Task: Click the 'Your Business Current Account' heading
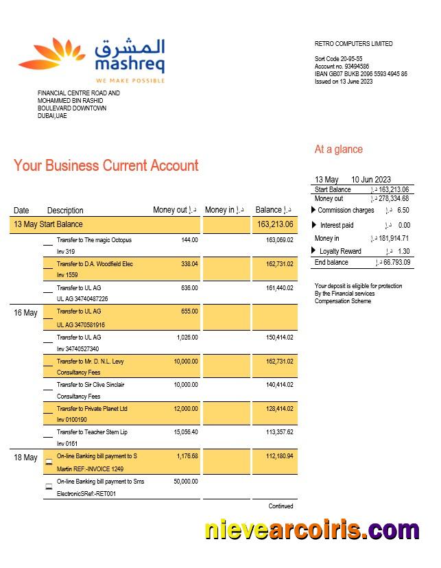click(x=106, y=165)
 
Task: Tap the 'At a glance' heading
click(x=338, y=150)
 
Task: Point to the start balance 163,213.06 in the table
click(x=275, y=224)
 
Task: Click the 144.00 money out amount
click(x=189, y=240)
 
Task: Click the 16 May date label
click(x=25, y=313)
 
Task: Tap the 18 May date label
click(x=25, y=458)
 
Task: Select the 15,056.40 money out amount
click(x=184, y=432)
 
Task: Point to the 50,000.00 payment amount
click(x=184, y=482)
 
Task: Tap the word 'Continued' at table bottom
click(x=281, y=506)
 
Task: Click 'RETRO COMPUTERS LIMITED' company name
click(x=353, y=44)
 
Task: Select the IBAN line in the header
click(x=361, y=74)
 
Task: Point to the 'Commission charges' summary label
click(x=346, y=211)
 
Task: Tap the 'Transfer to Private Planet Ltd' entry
click(x=92, y=409)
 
